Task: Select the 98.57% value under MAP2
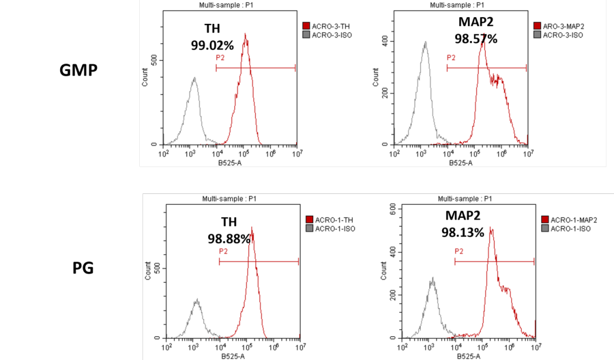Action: [x=476, y=39]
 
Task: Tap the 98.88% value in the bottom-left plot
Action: [x=229, y=239]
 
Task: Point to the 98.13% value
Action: [x=463, y=232]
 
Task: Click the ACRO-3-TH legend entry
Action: [x=329, y=26]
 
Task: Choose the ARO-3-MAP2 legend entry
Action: [x=563, y=26]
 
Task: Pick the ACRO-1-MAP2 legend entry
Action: [x=567, y=220]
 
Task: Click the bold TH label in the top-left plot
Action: [x=212, y=28]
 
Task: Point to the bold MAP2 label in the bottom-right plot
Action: [x=463, y=216]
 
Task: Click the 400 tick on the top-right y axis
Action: [x=384, y=41]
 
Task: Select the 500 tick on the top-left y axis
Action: [x=153, y=60]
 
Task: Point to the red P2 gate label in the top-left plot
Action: [x=220, y=58]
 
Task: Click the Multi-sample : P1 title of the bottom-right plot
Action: [x=464, y=199]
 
